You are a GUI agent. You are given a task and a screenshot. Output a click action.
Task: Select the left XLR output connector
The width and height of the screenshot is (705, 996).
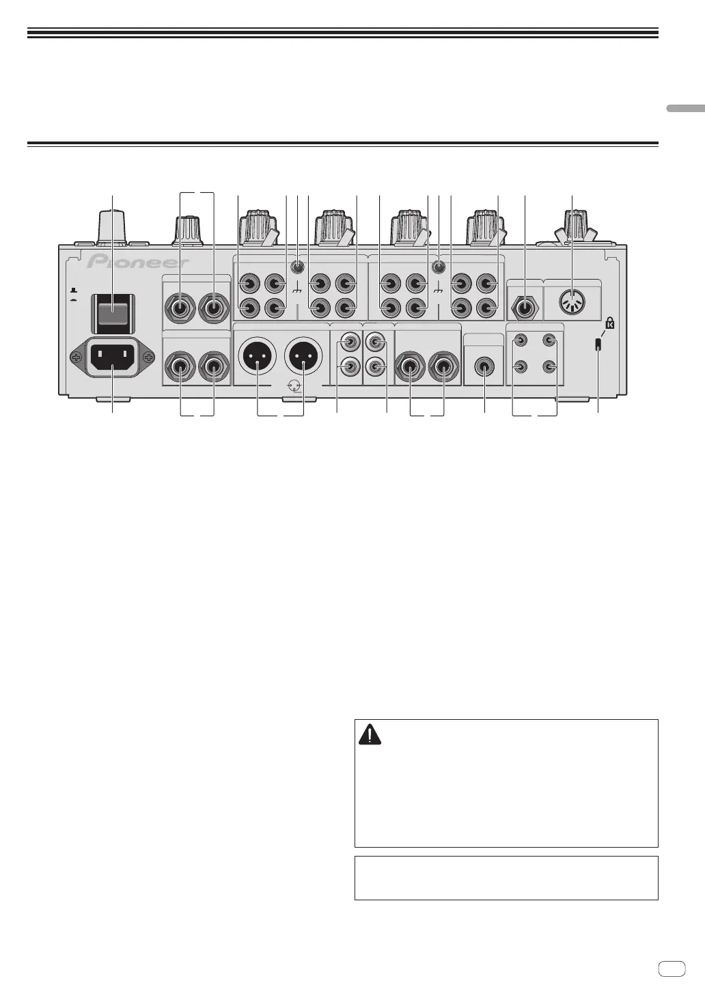coord(257,357)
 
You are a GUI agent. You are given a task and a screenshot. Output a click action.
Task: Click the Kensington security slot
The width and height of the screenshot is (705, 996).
coord(598,345)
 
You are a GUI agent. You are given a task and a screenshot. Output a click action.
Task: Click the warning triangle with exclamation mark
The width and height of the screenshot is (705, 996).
coord(370,735)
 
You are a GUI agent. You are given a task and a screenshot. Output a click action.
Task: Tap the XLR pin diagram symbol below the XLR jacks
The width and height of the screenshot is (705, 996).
coord(294,387)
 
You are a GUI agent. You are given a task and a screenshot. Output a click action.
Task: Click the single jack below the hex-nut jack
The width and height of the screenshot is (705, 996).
coord(484,367)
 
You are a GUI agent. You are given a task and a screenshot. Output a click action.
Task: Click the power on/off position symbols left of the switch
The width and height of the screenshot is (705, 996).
coord(73,295)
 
